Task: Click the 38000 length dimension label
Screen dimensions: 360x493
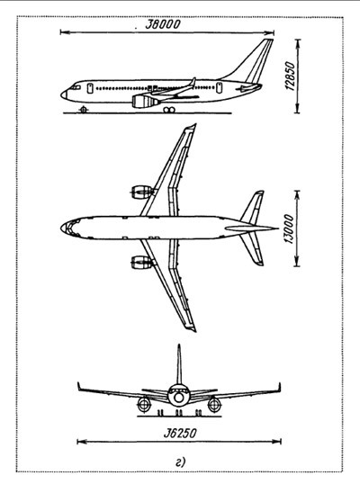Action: click(163, 24)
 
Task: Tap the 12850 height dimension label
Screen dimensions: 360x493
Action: click(291, 76)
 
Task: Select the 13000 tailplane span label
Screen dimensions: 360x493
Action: click(289, 229)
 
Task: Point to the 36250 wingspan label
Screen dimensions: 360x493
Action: click(180, 434)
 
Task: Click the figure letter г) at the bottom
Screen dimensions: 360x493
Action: click(181, 462)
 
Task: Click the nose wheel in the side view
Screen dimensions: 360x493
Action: click(84, 110)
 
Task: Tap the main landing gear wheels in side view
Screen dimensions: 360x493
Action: click(169, 110)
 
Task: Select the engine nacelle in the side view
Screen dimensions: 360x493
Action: click(145, 102)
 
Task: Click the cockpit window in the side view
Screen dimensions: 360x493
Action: click(75, 87)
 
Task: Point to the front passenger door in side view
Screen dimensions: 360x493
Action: click(90, 88)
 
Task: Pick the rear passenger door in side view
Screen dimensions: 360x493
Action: click(219, 88)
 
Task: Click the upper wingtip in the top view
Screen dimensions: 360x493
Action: click(192, 127)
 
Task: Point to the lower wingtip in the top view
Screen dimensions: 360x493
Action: click(192, 328)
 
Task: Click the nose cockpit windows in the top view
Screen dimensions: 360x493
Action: click(70, 228)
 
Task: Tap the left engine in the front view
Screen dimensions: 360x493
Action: click(144, 404)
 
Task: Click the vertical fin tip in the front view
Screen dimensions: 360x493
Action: click(179, 346)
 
